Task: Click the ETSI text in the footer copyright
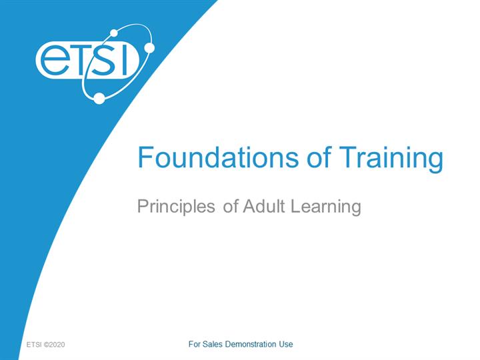(x=34, y=345)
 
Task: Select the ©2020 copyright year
(x=55, y=345)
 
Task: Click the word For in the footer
(x=195, y=345)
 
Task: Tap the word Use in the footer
(x=286, y=345)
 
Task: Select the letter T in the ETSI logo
(x=82, y=60)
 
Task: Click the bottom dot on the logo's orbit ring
(x=99, y=98)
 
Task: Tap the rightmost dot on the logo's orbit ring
(x=149, y=48)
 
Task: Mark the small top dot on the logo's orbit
(x=114, y=33)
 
